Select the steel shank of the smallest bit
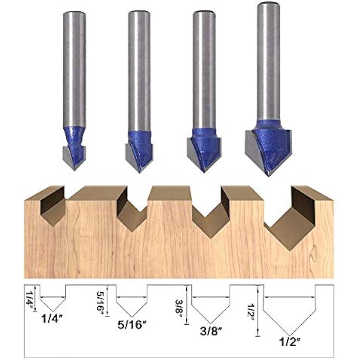point(75,68)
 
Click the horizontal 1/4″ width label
point(52,319)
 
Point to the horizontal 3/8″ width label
point(211,331)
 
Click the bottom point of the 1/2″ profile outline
point(289,336)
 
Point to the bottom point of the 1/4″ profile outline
point(53,311)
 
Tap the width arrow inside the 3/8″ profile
point(211,297)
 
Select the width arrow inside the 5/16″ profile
point(131,297)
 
